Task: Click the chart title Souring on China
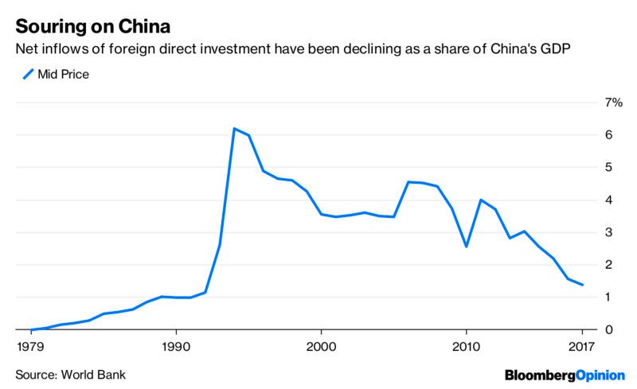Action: click(91, 21)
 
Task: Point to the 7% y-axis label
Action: click(612, 103)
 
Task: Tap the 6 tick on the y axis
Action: click(608, 135)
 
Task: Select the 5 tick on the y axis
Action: click(608, 168)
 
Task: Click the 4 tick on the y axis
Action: click(608, 200)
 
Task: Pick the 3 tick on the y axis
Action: click(608, 232)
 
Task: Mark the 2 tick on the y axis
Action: click(608, 265)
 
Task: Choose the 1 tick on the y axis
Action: click(608, 298)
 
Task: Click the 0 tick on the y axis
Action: click(608, 329)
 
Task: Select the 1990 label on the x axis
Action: click(176, 347)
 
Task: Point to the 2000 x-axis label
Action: click(321, 347)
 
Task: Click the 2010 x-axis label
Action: click(466, 347)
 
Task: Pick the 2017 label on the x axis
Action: click(582, 347)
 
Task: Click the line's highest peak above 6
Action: click(234, 128)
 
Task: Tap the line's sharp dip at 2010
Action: click(466, 247)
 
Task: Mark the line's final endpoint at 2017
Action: click(582, 285)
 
